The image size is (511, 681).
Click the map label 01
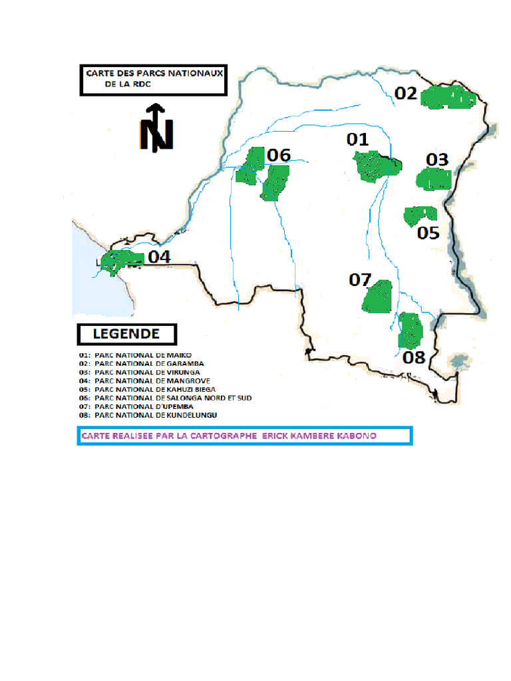pos(357,139)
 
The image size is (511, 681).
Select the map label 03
pos(437,160)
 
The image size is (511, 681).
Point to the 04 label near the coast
pos(159,257)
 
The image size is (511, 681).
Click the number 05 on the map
pos(428,233)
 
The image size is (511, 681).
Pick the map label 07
pos(360,280)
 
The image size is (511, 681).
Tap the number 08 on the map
pos(414,357)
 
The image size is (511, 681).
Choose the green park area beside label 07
pos(378,297)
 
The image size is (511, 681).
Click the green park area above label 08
pos(411,330)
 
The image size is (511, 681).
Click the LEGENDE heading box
pos(127,333)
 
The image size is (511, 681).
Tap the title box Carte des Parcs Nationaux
pos(153,80)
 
